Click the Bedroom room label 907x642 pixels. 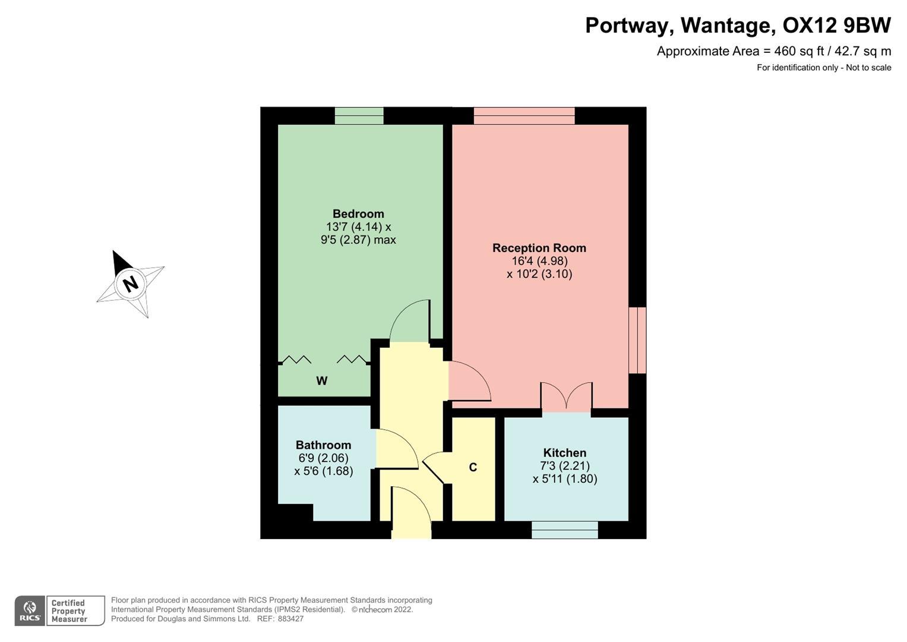[x=358, y=214]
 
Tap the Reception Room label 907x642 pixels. [x=539, y=248]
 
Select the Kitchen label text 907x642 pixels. [x=564, y=453]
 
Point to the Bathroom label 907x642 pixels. [x=323, y=445]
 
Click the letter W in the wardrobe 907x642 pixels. [x=322, y=381]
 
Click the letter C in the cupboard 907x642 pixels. [x=473, y=468]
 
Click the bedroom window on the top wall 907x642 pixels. [x=359, y=115]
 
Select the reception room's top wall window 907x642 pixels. [x=524, y=115]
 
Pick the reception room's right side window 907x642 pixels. [x=637, y=340]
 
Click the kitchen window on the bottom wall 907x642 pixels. [x=564, y=530]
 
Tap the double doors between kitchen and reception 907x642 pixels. [x=566, y=397]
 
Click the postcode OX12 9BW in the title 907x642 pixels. [x=836, y=26]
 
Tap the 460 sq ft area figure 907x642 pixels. [x=791, y=51]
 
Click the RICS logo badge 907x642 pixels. [x=30, y=610]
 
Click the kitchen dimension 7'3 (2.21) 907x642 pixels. [x=564, y=466]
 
